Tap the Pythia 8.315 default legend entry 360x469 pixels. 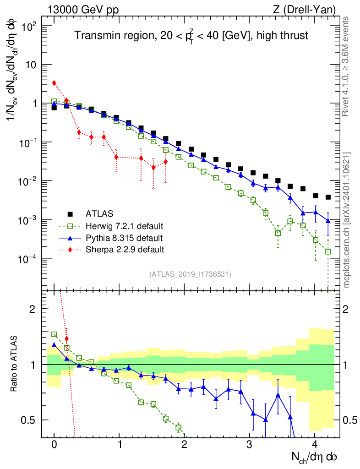tap(124, 238)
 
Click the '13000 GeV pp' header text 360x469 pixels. tap(83, 10)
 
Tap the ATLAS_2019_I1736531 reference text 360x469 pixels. tap(190, 274)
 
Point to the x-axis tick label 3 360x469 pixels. tap(250, 444)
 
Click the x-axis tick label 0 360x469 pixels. tap(54, 444)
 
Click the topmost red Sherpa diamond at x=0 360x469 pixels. tap(54, 83)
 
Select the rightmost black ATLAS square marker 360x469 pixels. tap(328, 197)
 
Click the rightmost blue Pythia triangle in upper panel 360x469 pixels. tap(328, 221)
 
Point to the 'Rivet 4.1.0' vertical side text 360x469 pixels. tap(347, 66)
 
